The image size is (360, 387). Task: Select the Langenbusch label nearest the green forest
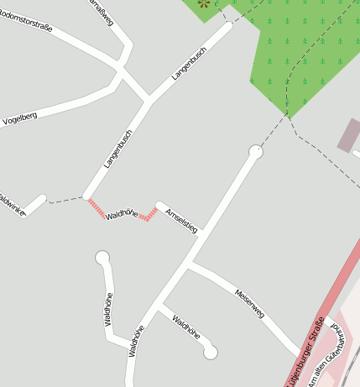coord(189,64)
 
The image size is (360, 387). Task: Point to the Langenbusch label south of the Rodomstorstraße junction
coord(118,149)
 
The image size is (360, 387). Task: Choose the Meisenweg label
coord(249,302)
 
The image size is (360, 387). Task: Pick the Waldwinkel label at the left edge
coord(12,205)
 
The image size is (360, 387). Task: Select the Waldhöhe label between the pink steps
coord(123,213)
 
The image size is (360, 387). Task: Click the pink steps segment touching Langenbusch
coord(97,207)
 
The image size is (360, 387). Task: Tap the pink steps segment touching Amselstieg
coord(149,215)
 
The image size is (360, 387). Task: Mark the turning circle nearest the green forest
coord(256,152)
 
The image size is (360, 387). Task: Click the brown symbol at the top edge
coord(202,3)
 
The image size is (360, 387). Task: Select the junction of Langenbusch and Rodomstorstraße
coord(149,101)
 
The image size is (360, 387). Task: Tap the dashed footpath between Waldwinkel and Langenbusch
coord(65,201)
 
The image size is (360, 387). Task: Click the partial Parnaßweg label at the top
coord(100,12)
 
